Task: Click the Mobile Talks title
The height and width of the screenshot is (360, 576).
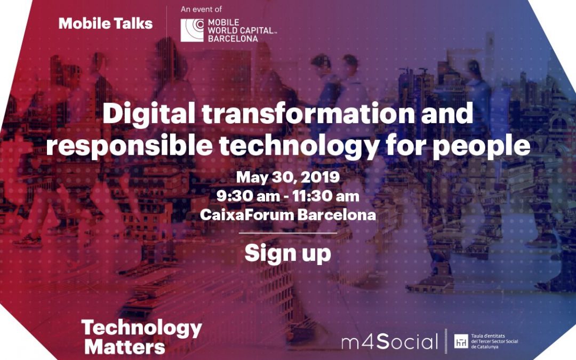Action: pyautogui.click(x=106, y=23)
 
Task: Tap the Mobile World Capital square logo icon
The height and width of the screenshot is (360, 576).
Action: pyautogui.click(x=192, y=30)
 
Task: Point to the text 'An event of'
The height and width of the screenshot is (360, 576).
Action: pyautogui.click(x=201, y=10)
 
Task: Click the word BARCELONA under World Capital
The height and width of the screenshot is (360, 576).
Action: pyautogui.click(x=233, y=38)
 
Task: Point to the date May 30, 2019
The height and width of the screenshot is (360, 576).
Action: pyautogui.click(x=288, y=177)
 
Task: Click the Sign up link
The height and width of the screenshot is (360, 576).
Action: pyautogui.click(x=287, y=253)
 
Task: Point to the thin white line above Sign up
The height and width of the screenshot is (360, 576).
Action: pyautogui.click(x=287, y=233)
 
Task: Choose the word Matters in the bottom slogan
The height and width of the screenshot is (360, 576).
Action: pyautogui.click(x=125, y=347)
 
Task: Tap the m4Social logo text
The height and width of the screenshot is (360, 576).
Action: pyautogui.click(x=389, y=341)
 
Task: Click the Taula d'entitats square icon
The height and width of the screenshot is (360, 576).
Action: pyautogui.click(x=460, y=341)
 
